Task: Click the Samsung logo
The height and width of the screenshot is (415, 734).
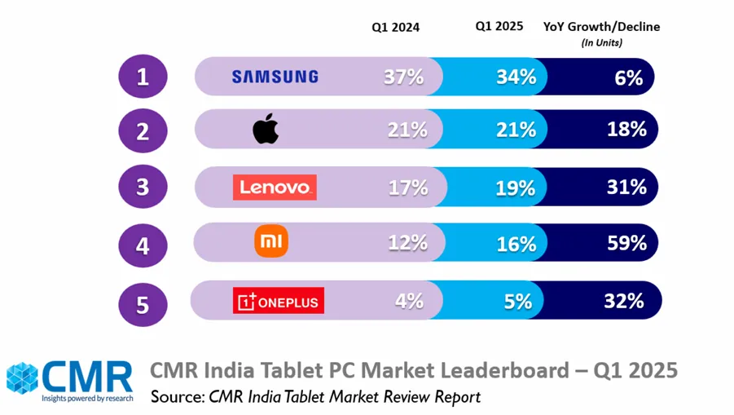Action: pyautogui.click(x=275, y=77)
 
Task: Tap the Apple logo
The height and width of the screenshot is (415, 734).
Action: pyautogui.click(x=266, y=130)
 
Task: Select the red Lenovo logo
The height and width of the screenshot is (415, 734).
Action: pyautogui.click(x=274, y=187)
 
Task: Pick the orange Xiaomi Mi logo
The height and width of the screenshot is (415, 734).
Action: pyautogui.click(x=272, y=242)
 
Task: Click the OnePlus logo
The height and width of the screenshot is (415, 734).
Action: pyautogui.click(x=279, y=300)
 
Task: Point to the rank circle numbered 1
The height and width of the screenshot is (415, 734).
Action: pyautogui.click(x=143, y=77)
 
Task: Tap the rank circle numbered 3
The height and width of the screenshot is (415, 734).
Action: pyautogui.click(x=143, y=187)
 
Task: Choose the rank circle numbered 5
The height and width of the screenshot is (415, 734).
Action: pyautogui.click(x=143, y=304)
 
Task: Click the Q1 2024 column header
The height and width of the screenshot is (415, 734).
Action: pyautogui.click(x=396, y=27)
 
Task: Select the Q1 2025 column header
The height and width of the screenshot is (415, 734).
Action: pyautogui.click(x=499, y=26)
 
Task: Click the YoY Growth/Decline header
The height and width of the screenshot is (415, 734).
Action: pyautogui.click(x=601, y=27)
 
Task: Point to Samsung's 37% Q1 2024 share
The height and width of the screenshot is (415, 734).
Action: pyautogui.click(x=404, y=77)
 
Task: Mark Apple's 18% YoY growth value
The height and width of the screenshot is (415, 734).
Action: pyautogui.click(x=626, y=129)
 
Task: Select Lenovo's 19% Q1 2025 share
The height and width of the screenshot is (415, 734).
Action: pyautogui.click(x=516, y=188)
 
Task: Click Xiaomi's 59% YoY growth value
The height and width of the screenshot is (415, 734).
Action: pyautogui.click(x=626, y=242)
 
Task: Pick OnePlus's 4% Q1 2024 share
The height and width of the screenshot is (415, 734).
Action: pyautogui.click(x=408, y=300)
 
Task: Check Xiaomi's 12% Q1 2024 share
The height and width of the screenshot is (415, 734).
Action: pyautogui.click(x=407, y=242)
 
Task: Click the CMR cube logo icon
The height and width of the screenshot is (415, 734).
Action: pyautogui.click(x=23, y=377)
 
